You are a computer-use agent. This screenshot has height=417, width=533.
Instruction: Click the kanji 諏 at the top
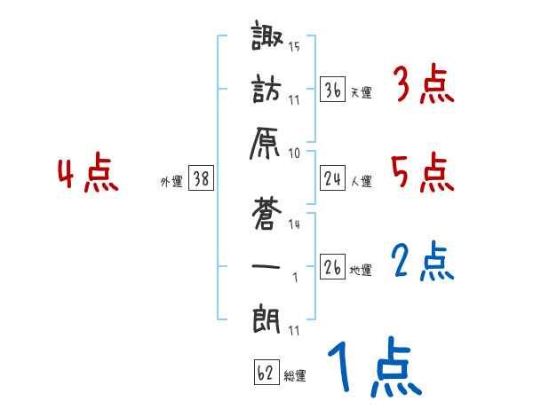[x=266, y=39]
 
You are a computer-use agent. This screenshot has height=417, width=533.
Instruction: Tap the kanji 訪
[x=266, y=92]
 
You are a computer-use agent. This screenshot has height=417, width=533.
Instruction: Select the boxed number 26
[x=333, y=266]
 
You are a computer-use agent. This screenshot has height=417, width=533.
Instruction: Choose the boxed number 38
[x=201, y=178]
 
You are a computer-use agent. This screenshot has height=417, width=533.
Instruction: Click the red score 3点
[x=422, y=86]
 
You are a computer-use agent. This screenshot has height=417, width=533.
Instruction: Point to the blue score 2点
[x=422, y=263]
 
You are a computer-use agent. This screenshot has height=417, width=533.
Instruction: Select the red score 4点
[x=88, y=174]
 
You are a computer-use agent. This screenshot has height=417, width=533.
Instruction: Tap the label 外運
[x=171, y=182]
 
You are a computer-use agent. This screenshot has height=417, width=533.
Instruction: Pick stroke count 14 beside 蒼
[x=294, y=224]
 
